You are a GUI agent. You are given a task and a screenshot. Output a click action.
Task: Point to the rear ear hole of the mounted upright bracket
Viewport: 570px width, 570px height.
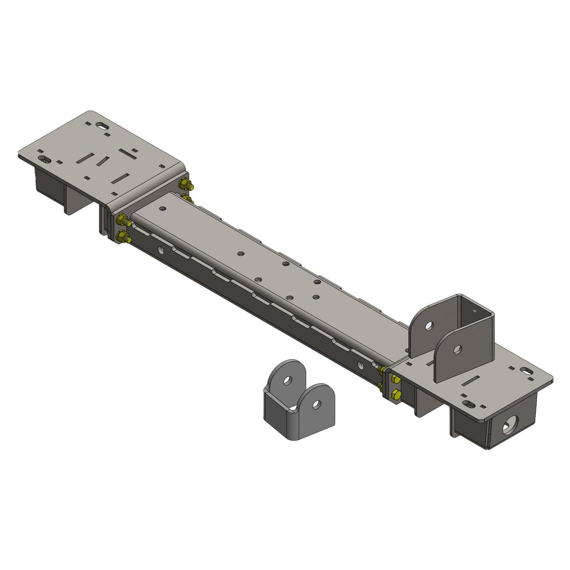(430, 326)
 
